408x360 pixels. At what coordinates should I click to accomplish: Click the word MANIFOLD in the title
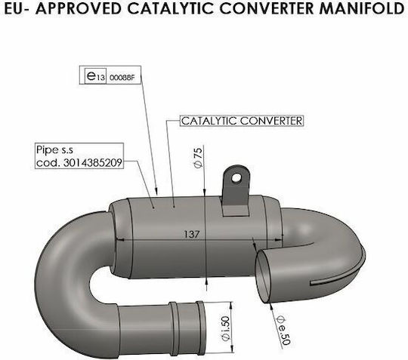click(362, 8)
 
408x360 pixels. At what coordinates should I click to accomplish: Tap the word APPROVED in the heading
click(79, 8)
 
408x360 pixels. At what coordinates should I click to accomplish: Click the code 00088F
click(122, 78)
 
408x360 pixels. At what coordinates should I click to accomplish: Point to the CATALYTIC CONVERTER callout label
click(242, 121)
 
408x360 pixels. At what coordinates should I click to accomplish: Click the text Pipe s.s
click(54, 149)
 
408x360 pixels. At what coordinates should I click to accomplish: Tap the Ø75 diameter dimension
click(198, 158)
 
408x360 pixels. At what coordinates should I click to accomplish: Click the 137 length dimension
click(192, 234)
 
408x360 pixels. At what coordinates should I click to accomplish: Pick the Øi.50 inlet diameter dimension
click(225, 328)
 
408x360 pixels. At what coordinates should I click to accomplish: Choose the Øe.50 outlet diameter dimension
click(283, 330)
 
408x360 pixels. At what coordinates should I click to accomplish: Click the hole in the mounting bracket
click(236, 178)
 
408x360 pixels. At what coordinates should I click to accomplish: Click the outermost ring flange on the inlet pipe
click(201, 329)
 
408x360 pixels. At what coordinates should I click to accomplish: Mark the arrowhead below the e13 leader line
click(156, 191)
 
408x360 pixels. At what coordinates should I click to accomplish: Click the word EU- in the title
click(17, 8)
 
